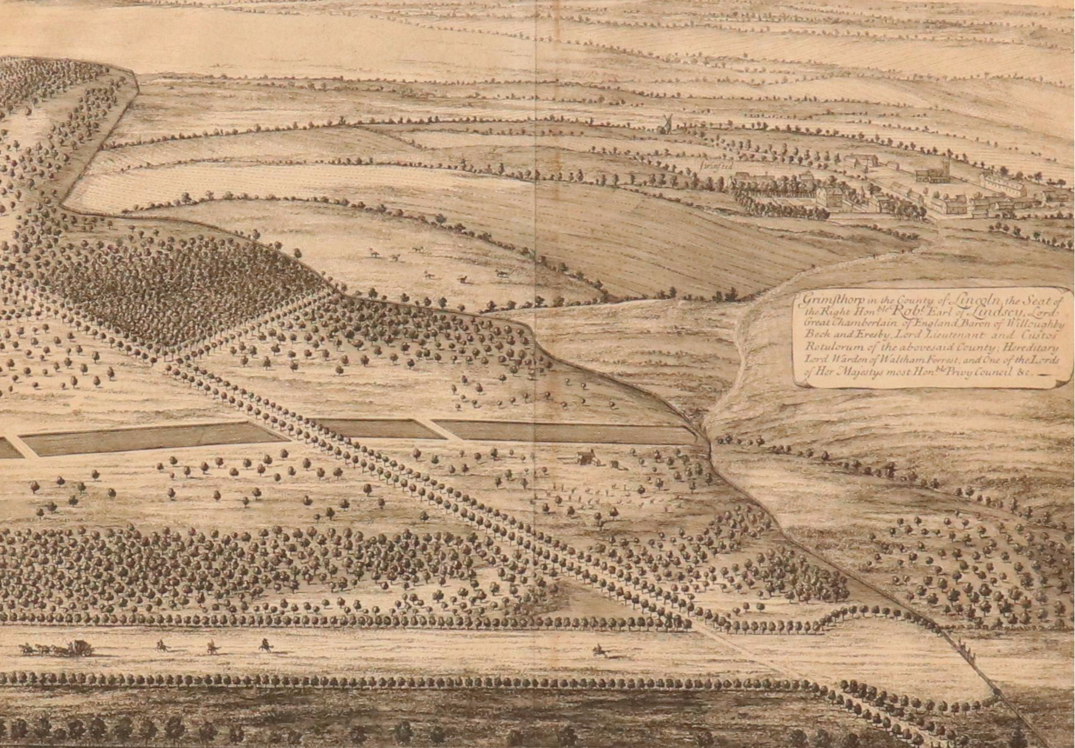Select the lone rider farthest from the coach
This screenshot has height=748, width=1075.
pos(600,650)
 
